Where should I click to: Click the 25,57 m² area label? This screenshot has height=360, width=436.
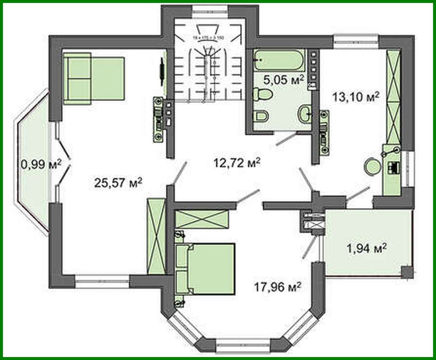tap(118, 182)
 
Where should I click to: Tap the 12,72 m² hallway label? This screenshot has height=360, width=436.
tap(237, 162)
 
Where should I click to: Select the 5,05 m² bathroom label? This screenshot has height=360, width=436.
tap(284, 79)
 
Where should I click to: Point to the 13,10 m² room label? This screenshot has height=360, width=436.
tap(356, 97)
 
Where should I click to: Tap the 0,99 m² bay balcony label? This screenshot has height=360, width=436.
tap(41, 164)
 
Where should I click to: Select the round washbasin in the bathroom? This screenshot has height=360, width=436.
tap(304, 113)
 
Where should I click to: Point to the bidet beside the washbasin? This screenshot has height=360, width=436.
tap(261, 116)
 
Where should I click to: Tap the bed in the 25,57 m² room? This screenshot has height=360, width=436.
tap(94, 78)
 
